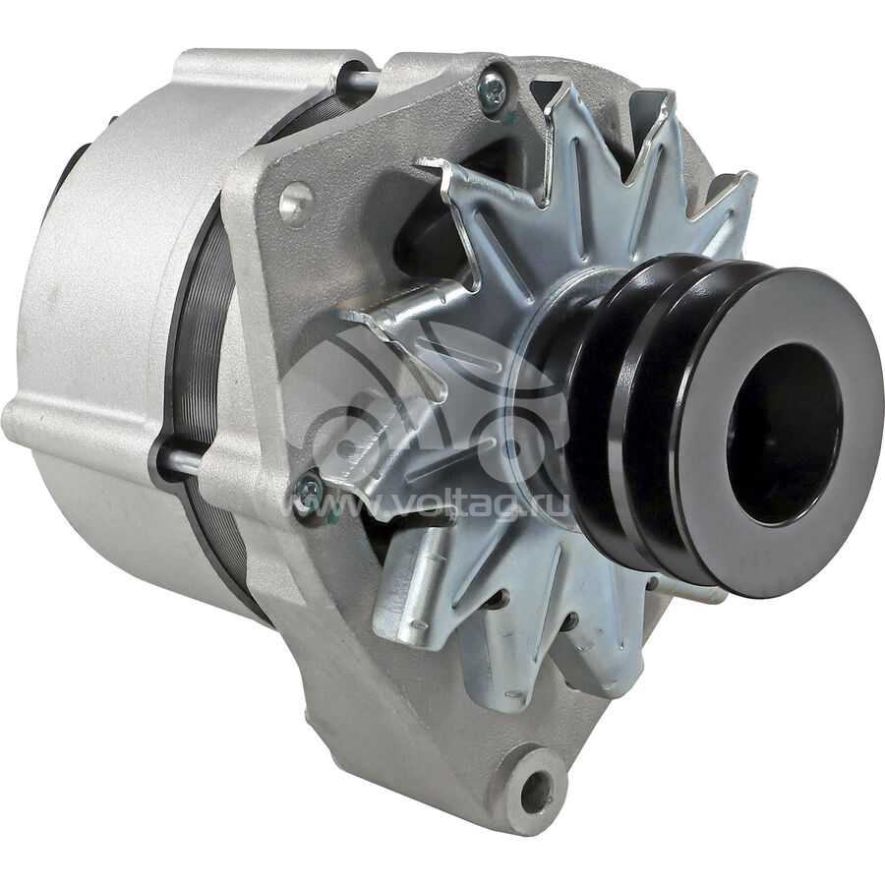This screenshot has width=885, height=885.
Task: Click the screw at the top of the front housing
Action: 494,88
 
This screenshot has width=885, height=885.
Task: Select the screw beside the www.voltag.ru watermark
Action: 310,493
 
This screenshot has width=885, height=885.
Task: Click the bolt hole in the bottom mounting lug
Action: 536,789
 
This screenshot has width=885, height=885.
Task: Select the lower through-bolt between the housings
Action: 181,460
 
